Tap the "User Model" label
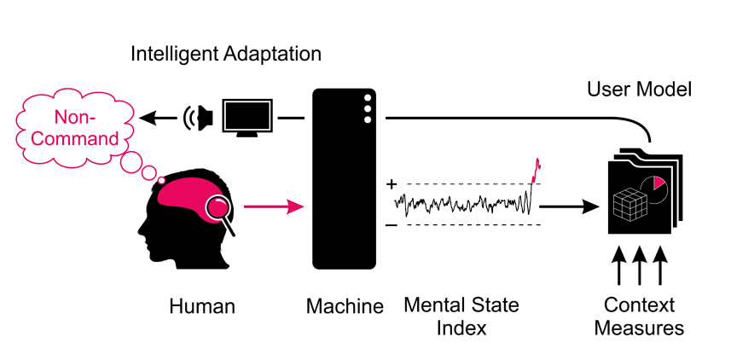click(639, 89)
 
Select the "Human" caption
click(202, 307)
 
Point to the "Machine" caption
click(345, 307)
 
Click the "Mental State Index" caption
click(461, 316)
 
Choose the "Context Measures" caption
click(639, 316)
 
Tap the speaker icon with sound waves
click(198, 118)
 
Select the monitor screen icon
click(247, 118)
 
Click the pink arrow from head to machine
click(274, 206)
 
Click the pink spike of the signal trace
click(536, 171)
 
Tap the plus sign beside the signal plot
click(392, 184)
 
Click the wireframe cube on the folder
click(629, 204)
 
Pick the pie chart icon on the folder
click(654, 189)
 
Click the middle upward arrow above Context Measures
click(639, 265)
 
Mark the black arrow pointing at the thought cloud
click(158, 118)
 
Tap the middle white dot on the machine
click(368, 109)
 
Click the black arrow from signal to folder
click(570, 206)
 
